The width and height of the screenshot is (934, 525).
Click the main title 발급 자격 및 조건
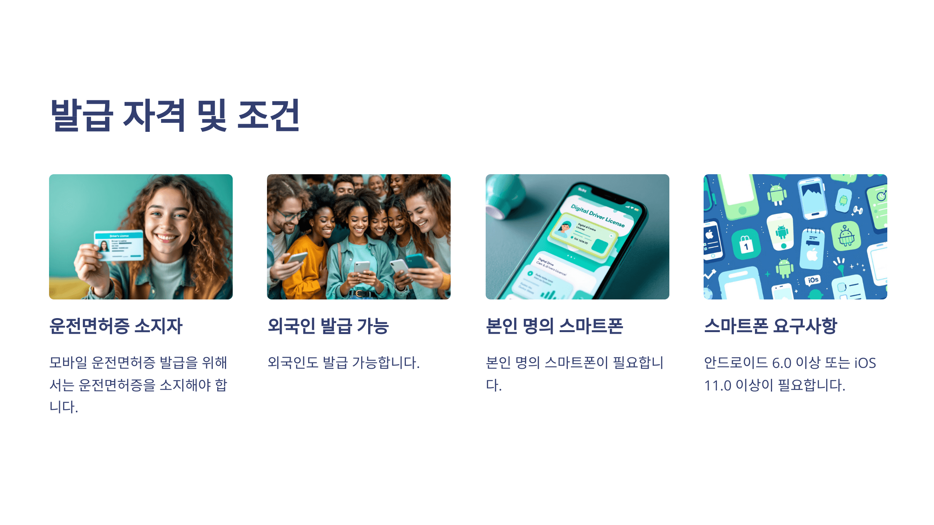coord(175,115)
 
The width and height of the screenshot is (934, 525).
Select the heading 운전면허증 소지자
coord(116,326)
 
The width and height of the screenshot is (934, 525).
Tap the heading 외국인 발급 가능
coord(328,326)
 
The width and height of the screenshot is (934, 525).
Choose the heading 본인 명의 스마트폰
coord(554,326)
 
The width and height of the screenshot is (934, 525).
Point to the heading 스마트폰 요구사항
coord(770,326)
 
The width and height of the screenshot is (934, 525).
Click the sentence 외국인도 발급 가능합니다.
coord(343,363)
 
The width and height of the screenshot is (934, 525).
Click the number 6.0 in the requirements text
coord(781,363)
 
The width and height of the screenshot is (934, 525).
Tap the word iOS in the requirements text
coord(865,363)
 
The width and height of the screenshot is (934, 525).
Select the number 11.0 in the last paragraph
coord(718,386)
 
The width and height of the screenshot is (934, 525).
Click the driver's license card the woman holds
coord(119,245)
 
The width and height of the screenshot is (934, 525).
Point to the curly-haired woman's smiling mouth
coord(167,238)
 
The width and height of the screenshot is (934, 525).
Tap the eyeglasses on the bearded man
coord(290,215)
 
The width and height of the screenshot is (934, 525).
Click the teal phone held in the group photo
coord(417,262)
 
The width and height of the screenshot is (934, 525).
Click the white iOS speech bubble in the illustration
coord(813,280)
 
